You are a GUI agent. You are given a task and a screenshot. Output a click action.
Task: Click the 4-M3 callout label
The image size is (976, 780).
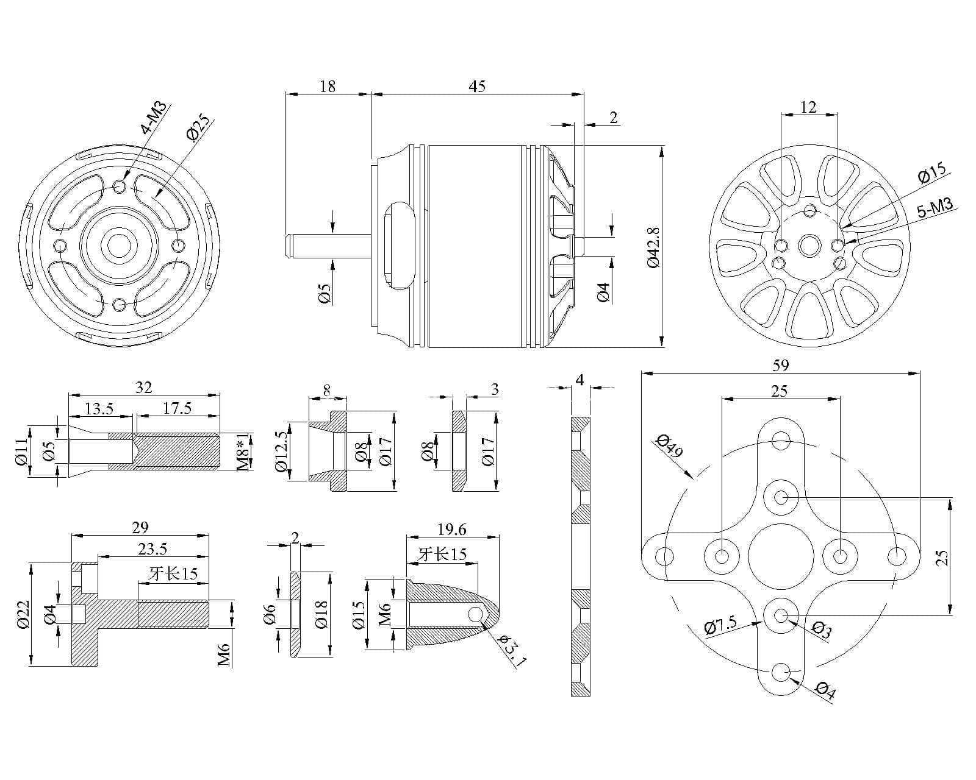tap(154, 118)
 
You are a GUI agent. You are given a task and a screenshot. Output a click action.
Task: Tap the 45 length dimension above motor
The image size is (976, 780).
tap(477, 86)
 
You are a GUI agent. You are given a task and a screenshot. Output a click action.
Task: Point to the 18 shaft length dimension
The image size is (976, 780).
tap(328, 86)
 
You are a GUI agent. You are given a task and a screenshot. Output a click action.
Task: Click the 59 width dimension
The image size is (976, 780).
tap(781, 365)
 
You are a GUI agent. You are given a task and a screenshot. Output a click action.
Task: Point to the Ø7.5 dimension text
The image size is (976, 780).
tap(720, 626)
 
